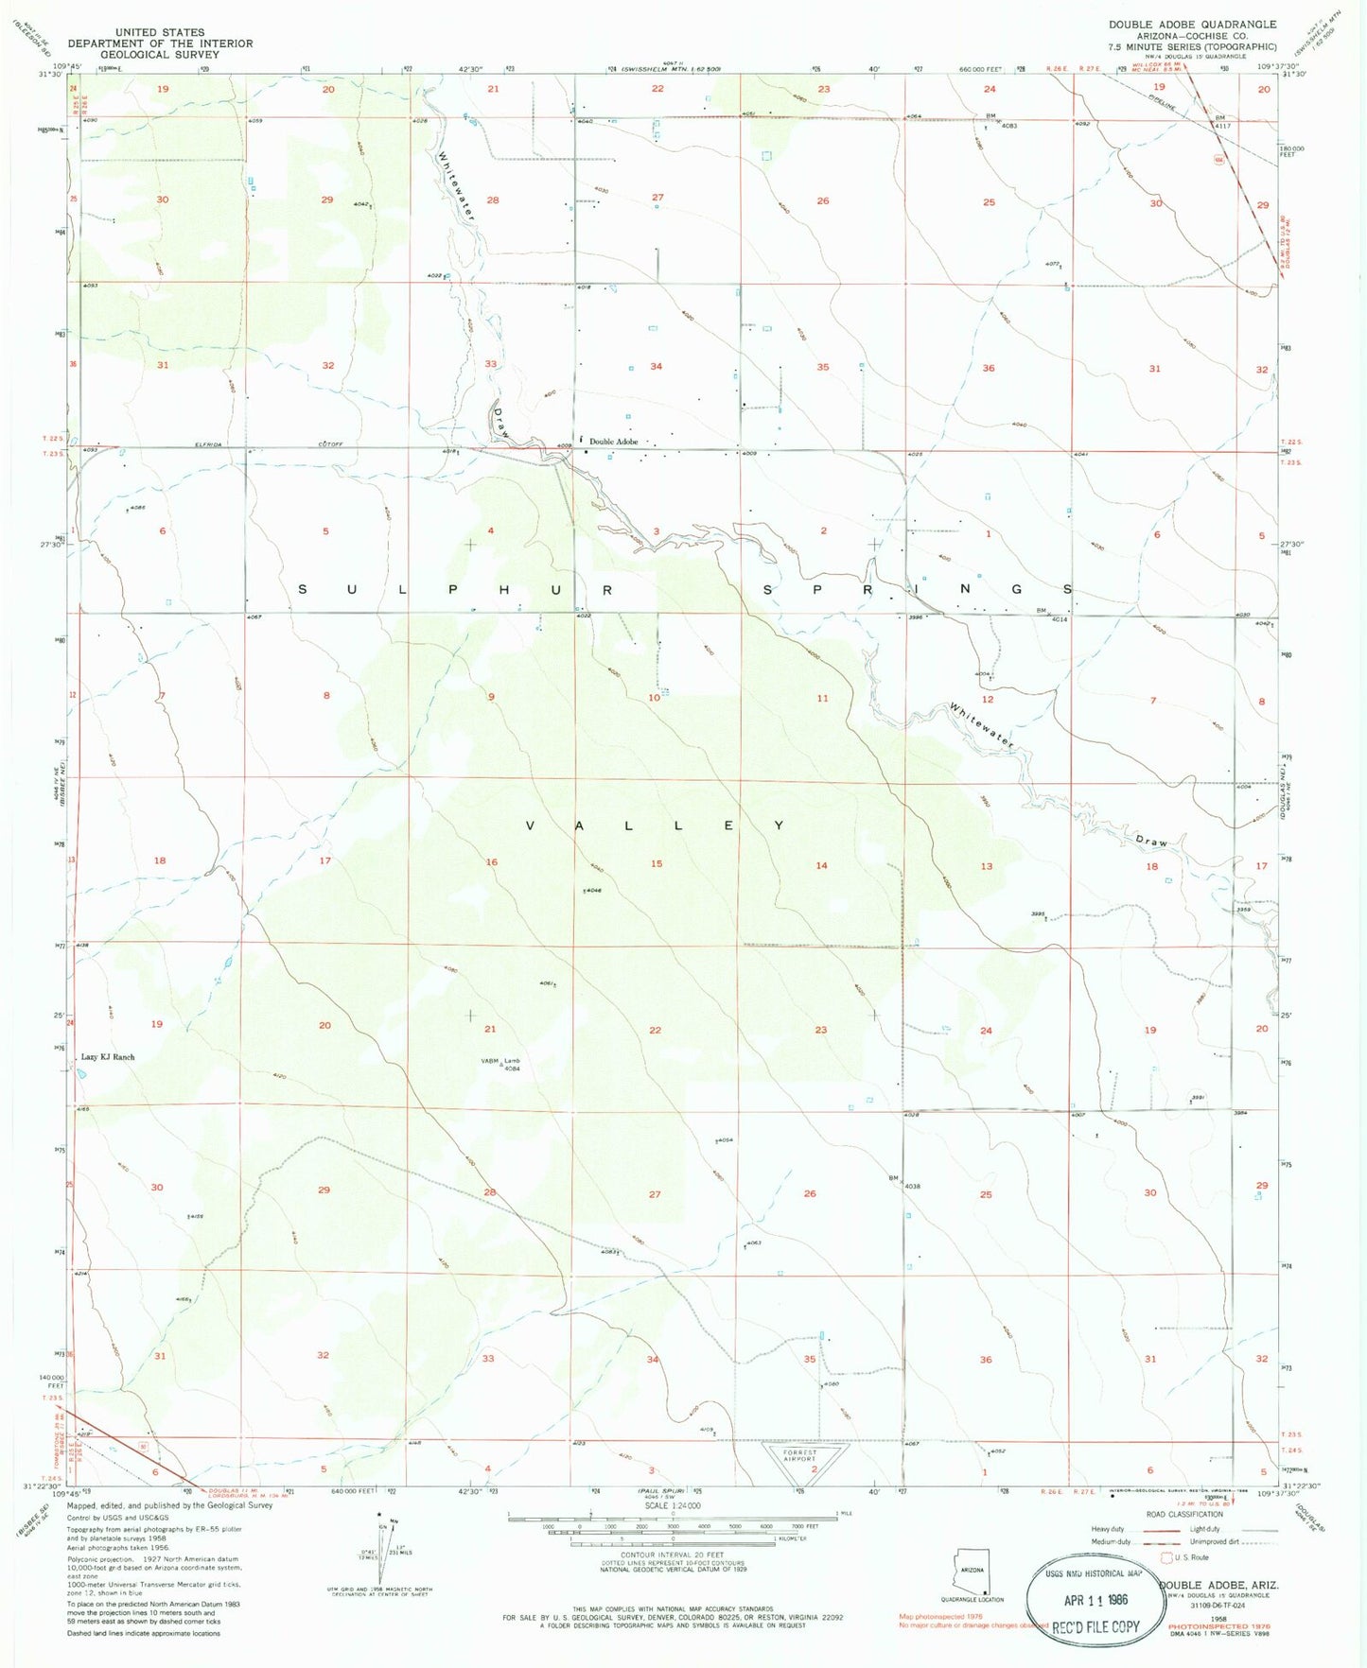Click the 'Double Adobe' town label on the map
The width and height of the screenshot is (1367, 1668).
pyautogui.click(x=613, y=442)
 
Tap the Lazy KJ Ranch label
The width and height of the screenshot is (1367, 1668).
pyautogui.click(x=108, y=1057)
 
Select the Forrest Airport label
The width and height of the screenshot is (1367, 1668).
pyautogui.click(x=799, y=1455)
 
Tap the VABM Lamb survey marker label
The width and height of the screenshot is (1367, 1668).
pyautogui.click(x=501, y=1065)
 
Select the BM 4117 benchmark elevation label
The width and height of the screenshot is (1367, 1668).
pyautogui.click(x=1222, y=122)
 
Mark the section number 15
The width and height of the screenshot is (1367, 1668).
pyautogui.click(x=657, y=863)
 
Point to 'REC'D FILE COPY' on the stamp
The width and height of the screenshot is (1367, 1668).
pyautogui.click(x=1096, y=1626)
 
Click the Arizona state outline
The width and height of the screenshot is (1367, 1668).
pyautogui.click(x=974, y=1578)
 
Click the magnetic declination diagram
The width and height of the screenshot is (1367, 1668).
pyautogui.click(x=382, y=1570)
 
